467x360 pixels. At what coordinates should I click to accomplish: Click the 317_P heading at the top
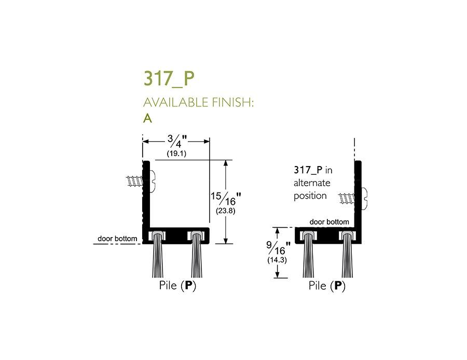point(169,78)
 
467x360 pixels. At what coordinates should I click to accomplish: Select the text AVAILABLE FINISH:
point(198,102)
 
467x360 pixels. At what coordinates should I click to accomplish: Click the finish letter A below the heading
point(148,118)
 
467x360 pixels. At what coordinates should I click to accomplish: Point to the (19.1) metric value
point(176,154)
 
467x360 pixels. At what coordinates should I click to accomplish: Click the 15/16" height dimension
point(227,199)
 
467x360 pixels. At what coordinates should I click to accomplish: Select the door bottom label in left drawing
point(118,239)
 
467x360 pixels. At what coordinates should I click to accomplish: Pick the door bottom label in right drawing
point(329,221)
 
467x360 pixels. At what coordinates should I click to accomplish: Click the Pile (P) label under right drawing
point(326,286)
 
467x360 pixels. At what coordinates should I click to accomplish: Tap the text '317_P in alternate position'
point(312,183)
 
